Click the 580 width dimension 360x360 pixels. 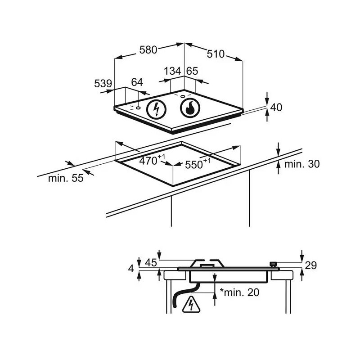148,50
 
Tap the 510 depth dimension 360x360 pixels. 216,54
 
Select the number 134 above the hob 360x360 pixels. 172,71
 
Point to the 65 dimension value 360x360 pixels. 192,71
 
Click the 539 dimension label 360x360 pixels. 103,84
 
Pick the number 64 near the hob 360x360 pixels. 137,82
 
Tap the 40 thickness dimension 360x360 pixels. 276,108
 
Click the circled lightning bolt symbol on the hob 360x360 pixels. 156,109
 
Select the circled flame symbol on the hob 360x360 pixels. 190,108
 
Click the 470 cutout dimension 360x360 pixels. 152,160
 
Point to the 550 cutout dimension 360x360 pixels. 198,163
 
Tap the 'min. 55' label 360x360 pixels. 66,178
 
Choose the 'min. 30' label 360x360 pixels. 302,164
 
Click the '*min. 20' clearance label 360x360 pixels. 239,292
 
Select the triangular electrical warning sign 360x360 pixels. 191,305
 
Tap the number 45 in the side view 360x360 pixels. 151,263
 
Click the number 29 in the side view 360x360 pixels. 311,265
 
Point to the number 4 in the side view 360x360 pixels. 131,269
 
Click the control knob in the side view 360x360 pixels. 273,265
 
